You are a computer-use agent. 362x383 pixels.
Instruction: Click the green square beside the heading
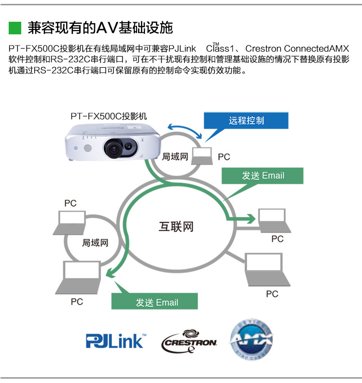coord(15,28)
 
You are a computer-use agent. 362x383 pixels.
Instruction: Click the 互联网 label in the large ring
coord(176,226)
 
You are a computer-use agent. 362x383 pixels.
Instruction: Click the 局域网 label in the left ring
coord(95,242)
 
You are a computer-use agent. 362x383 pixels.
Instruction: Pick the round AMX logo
coord(251,340)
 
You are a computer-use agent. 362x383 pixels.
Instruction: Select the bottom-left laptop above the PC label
coord(81,278)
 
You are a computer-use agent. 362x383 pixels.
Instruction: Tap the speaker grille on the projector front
coord(88,147)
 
